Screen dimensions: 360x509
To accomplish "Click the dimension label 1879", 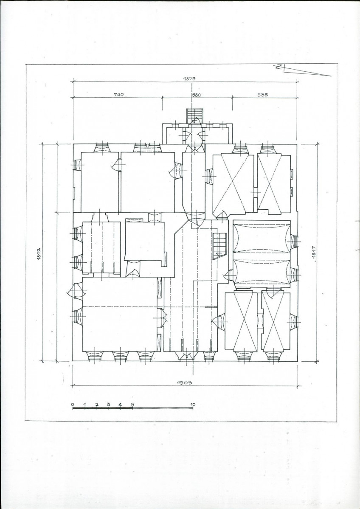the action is point(191,78).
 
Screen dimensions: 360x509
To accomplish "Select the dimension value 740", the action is point(118,95).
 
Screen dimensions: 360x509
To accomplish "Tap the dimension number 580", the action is point(197,95).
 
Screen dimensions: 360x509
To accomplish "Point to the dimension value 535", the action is point(262,95).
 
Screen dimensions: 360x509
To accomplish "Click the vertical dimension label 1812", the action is point(39,254).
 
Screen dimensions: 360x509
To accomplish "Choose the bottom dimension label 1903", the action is point(184,383).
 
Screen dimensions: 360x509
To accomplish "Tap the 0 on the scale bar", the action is point(73,404).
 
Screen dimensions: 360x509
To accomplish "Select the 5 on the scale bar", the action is point(132,404).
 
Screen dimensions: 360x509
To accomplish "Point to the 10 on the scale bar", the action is point(192,404).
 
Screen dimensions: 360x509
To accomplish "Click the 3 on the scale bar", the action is point(108,404).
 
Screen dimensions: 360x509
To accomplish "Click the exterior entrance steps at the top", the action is point(194,116).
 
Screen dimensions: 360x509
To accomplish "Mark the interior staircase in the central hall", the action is point(220,246).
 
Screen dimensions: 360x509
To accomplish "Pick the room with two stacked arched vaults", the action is point(262,254).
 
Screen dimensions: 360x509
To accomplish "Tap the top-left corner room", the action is point(100,182).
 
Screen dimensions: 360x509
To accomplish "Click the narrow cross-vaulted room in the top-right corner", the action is point(274,184).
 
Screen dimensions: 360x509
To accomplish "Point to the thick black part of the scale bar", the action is point(102,408).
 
